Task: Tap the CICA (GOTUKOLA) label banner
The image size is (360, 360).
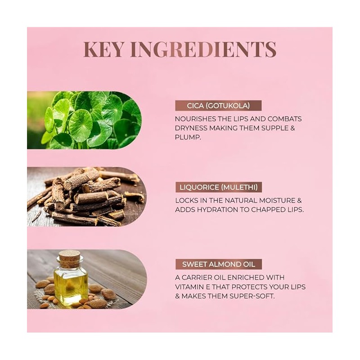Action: coord(218,106)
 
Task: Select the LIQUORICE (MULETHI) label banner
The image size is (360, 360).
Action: coord(219,187)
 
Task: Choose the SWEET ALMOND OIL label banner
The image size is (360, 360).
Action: coord(219,264)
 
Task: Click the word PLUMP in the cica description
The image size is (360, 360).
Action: coord(187,137)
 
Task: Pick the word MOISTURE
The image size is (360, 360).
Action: coord(277,200)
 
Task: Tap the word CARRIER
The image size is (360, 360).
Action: coord(196,278)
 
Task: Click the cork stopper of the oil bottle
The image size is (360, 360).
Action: coord(70,259)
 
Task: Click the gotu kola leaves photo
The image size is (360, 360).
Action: coord(84,120)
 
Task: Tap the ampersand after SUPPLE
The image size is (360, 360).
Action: coord(292,128)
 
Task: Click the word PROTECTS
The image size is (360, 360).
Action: coord(248,287)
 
